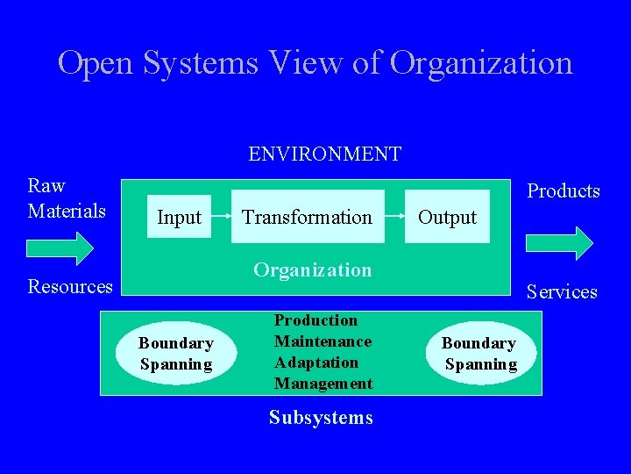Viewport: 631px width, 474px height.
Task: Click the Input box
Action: (179, 217)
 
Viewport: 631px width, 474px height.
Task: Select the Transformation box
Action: (307, 217)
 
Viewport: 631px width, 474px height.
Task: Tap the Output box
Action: (447, 217)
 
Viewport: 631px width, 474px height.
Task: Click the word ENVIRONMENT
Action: (324, 154)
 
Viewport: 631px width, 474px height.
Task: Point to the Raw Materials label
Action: (67, 198)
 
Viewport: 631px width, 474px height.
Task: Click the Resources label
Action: (70, 286)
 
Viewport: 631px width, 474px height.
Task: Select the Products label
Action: (563, 191)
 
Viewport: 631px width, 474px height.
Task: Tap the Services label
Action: (561, 291)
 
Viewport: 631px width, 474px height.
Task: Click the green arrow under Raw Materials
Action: (60, 248)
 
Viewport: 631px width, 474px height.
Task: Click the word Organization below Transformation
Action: (312, 269)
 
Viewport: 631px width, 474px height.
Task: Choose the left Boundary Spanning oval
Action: (176, 354)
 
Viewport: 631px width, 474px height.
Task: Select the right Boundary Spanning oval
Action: (479, 354)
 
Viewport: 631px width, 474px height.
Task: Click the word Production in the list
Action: (315, 320)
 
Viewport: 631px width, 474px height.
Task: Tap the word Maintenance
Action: (323, 341)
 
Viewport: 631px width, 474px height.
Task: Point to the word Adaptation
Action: (315, 363)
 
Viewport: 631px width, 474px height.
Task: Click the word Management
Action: (323, 384)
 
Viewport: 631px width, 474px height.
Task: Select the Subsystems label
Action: (321, 418)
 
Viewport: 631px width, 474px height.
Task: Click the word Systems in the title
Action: (202, 63)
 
